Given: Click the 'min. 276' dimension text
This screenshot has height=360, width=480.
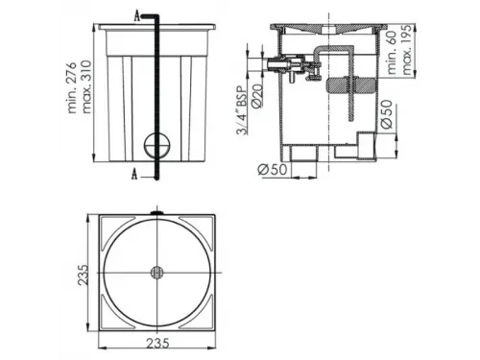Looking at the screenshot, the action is click(72, 87).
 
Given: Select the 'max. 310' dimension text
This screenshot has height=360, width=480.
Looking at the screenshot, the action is click(85, 86).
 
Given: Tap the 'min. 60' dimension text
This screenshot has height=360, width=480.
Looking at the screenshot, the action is click(392, 53).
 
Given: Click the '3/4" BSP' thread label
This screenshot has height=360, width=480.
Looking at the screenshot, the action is click(242, 109).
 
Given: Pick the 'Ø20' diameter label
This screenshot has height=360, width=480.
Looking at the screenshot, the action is click(257, 95).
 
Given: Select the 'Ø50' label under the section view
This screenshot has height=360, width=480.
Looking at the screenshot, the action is click(273, 169).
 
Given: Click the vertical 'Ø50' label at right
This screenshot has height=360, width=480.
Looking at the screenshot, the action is click(387, 114).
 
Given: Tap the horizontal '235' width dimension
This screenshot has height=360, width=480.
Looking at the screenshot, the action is click(157, 344).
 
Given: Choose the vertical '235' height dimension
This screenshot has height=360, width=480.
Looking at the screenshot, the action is click(83, 275).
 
